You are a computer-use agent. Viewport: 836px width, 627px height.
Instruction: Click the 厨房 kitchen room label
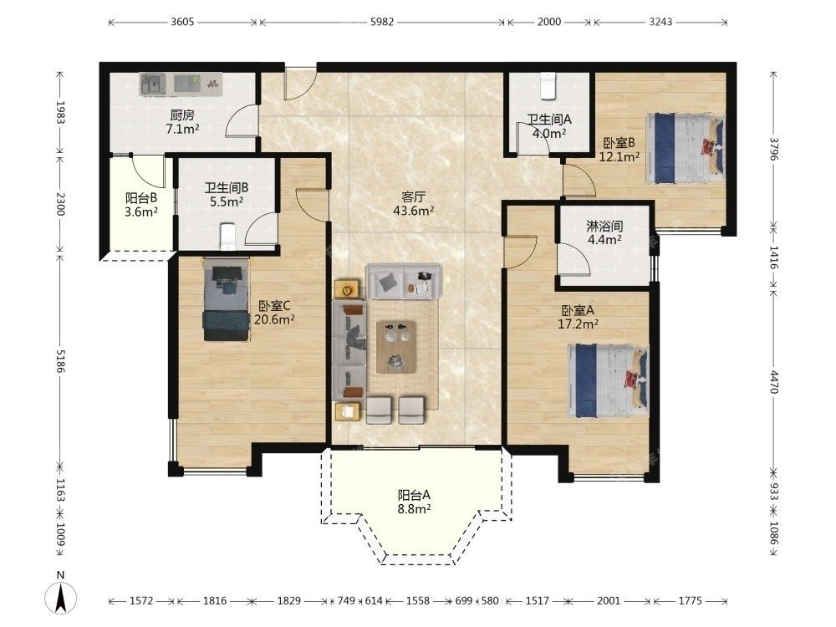point(182,115)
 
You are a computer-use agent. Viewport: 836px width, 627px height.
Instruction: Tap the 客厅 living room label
point(413,196)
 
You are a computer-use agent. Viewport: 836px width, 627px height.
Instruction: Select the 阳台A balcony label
point(415,495)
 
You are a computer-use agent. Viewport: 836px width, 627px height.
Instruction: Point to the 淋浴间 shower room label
point(604,226)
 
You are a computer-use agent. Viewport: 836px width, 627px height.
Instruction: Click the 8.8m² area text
point(415,508)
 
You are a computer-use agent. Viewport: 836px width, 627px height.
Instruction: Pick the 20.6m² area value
point(274,319)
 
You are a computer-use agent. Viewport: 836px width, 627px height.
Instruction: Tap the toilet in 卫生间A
point(548,86)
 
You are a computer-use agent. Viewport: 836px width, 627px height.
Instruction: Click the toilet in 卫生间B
point(227,237)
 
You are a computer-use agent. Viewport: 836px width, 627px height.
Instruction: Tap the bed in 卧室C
point(226,299)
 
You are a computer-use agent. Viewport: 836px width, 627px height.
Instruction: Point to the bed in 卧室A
point(609,381)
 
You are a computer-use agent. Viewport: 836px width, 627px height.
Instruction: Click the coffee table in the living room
point(396,347)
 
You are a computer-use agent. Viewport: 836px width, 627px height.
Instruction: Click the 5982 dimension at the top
point(382,22)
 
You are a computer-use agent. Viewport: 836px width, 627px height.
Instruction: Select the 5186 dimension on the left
point(60,361)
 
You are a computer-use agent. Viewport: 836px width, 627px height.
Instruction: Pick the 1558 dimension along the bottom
point(417,601)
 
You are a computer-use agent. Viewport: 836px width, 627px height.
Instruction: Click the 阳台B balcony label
point(141,198)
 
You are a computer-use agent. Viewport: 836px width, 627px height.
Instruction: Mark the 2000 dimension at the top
point(549,22)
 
